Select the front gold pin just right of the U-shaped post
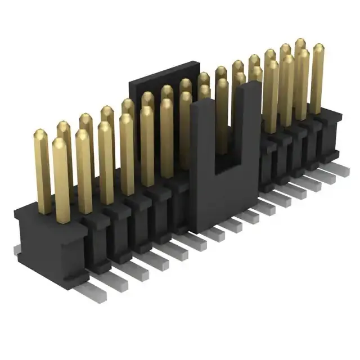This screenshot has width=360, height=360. point(271,98)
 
